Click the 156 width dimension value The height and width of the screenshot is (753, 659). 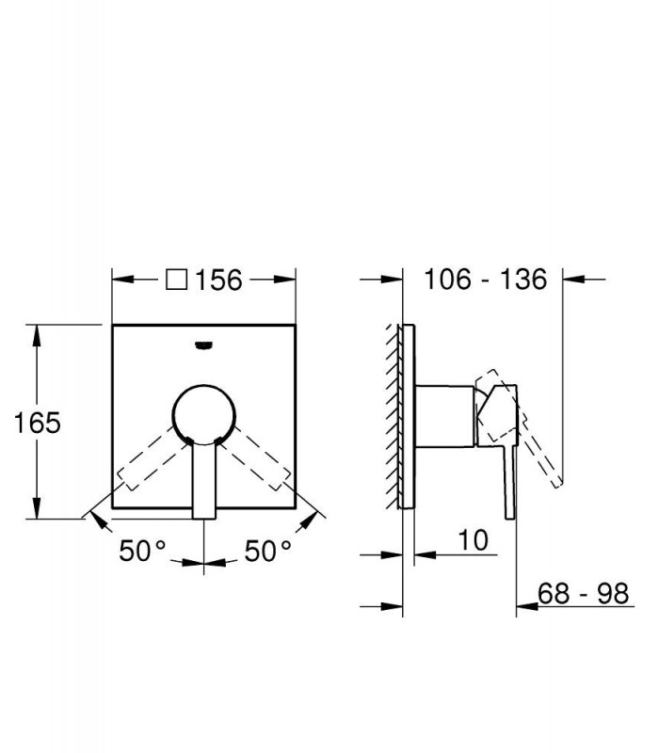click(218, 280)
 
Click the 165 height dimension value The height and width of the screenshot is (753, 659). click(38, 423)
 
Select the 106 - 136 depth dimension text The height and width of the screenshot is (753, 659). click(485, 279)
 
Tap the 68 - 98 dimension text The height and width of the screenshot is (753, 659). click(583, 594)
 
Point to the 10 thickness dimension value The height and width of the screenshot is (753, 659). click(474, 540)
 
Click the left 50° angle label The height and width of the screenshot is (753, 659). click(143, 551)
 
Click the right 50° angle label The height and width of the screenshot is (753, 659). click(268, 551)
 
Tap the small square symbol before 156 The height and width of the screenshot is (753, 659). click(176, 280)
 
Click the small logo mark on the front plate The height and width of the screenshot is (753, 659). click(204, 344)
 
